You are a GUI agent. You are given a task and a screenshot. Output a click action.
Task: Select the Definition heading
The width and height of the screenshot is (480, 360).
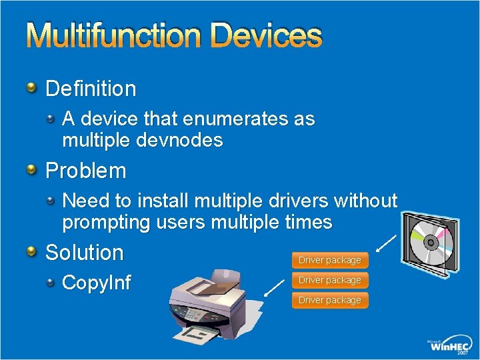pos(91,88)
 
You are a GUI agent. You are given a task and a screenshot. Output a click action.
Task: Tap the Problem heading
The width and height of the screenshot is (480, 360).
pos(85,171)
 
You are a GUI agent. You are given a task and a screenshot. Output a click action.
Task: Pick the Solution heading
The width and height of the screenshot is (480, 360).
pos(85,253)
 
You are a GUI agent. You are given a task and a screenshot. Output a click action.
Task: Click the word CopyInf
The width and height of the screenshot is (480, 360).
pos(96,283)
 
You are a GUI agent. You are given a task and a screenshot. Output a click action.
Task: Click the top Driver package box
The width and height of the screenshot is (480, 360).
pos(329,260)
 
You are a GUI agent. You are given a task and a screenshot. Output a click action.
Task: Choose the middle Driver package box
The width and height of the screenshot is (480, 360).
pos(329,280)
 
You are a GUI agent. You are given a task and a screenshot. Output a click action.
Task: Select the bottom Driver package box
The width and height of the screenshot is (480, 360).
pos(329,300)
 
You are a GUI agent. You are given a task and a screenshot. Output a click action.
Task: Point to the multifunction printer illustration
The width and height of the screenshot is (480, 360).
pos(213,300)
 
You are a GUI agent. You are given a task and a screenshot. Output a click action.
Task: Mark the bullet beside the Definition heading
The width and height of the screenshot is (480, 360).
pos(32,87)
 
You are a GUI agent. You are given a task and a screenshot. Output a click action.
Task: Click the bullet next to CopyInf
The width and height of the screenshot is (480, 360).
pos(51,282)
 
